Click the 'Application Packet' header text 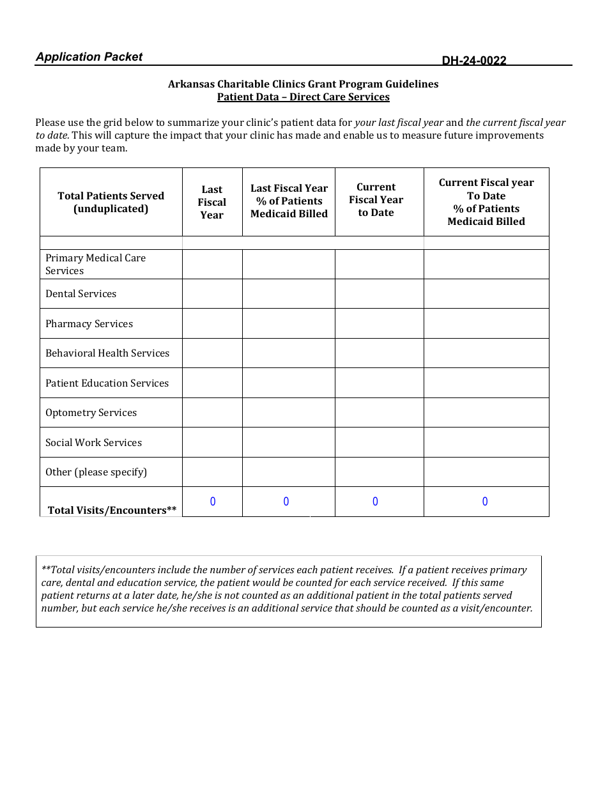click(89, 57)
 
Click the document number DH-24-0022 click(473, 61)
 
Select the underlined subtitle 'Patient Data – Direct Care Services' click(303, 97)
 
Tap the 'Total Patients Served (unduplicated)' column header click(111, 202)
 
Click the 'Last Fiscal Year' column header click(211, 202)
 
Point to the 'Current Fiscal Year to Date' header click(376, 200)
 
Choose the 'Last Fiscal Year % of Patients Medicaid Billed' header click(289, 201)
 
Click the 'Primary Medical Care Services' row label click(95, 264)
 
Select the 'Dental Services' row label click(81, 294)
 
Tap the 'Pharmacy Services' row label click(89, 324)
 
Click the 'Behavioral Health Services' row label click(107, 353)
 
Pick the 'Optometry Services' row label click(91, 413)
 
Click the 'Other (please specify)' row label click(96, 472)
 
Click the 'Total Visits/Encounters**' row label click(112, 510)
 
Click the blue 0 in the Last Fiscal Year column click(213, 502)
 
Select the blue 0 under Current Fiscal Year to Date click(375, 502)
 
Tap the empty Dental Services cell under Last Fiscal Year click(212, 294)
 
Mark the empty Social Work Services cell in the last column click(486, 442)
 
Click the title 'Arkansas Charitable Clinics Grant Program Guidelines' click(303, 84)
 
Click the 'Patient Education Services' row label click(107, 383)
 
